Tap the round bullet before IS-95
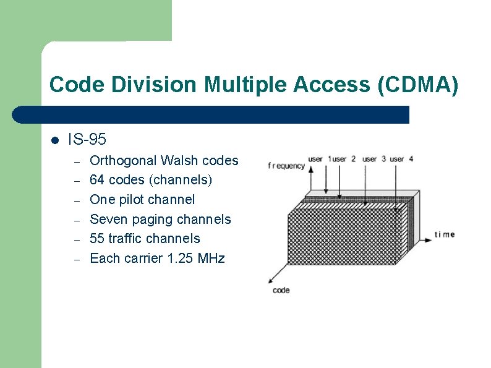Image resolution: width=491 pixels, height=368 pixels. coord(54,140)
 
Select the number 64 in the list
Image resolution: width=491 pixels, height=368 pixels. coord(97,180)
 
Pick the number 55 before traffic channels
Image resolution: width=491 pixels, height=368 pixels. coord(97,239)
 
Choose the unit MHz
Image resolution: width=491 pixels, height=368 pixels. coord(211,259)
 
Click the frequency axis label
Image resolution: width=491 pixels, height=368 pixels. coord(286,166)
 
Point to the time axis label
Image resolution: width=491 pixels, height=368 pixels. coord(445,234)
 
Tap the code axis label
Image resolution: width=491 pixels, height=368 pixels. coord(281,290)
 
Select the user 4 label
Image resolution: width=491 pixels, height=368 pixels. coord(401,159)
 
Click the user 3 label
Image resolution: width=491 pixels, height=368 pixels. coord(374,159)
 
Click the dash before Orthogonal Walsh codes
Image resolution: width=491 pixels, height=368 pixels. coord(77,162)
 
